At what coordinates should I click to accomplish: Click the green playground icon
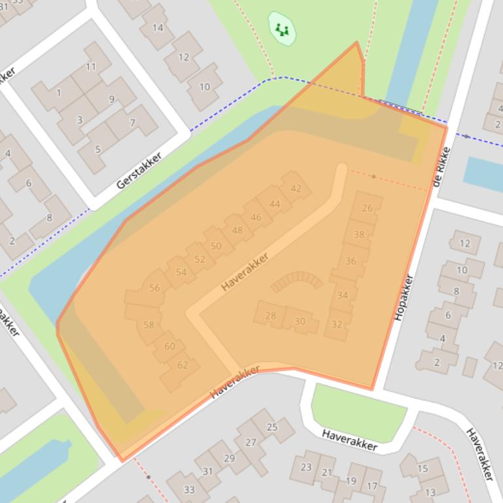(282, 29)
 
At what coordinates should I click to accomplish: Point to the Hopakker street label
(404, 297)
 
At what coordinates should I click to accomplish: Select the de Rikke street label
(442, 169)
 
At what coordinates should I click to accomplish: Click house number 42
(296, 189)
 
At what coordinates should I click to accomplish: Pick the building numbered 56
(154, 287)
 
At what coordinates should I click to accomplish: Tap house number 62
(182, 365)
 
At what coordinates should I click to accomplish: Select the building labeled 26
(367, 208)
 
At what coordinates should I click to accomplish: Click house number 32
(337, 325)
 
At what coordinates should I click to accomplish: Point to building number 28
(271, 316)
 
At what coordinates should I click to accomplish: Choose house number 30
(300, 321)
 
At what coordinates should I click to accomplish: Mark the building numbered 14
(158, 27)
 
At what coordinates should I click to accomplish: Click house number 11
(91, 67)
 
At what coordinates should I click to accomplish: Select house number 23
(305, 467)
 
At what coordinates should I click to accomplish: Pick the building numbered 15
(423, 468)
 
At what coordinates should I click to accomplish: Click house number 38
(359, 235)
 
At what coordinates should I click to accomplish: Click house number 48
(237, 230)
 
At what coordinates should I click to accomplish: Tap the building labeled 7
(132, 122)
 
